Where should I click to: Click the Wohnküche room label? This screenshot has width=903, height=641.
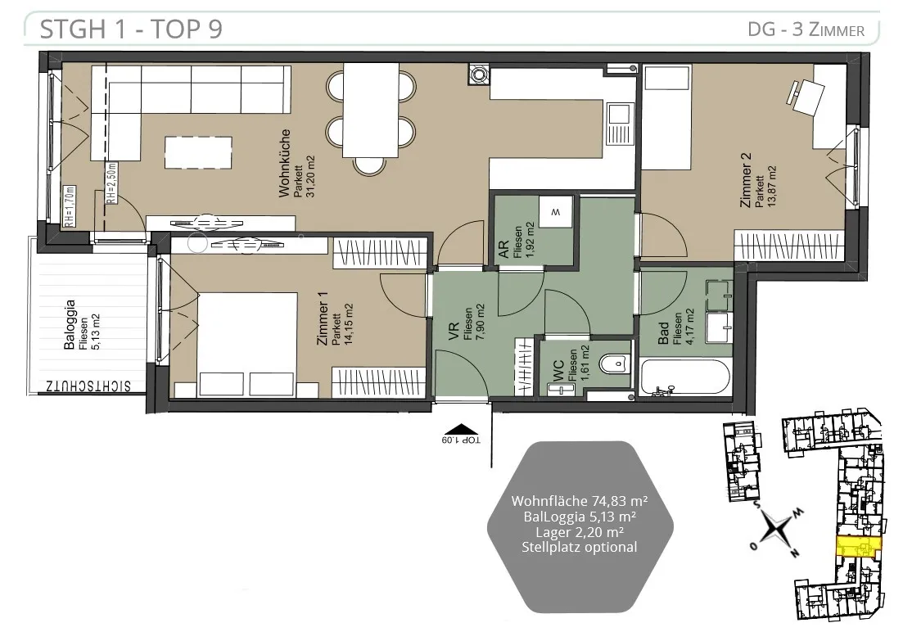284,164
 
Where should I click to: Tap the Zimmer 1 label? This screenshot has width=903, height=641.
323,318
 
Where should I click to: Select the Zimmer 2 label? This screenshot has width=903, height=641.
746,179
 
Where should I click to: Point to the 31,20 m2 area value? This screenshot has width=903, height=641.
310,177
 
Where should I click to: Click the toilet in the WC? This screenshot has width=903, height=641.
612,364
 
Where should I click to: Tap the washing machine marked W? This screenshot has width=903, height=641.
556,212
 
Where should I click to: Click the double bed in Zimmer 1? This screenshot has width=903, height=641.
247,345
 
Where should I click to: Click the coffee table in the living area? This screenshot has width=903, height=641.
198,152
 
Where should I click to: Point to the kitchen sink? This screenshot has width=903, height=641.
620,124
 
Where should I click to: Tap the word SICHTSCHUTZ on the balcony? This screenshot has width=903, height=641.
88,386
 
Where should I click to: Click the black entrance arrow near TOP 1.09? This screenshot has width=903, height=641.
461,429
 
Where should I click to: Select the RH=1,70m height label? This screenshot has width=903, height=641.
69,205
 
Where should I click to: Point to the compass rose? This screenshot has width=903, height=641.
777,530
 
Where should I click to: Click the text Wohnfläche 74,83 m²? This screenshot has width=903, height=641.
580,501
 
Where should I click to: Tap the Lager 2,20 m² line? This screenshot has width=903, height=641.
580,532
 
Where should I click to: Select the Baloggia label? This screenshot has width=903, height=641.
70,325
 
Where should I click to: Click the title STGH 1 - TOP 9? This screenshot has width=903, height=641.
131,29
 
